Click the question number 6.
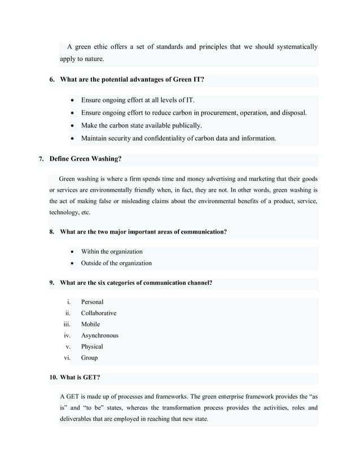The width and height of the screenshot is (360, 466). pyautogui.click(x=52, y=80)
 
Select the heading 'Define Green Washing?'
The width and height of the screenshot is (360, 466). pyautogui.click(x=85, y=159)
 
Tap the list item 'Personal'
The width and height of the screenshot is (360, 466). pyautogui.click(x=92, y=302)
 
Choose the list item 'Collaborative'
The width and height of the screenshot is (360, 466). pyautogui.click(x=99, y=313)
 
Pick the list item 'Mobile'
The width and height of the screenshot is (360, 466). pyautogui.click(x=90, y=324)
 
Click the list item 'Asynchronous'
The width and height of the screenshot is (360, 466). pyautogui.click(x=99, y=335)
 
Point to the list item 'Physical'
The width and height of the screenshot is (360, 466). pyautogui.click(x=92, y=346)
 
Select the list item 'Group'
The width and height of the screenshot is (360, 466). pyautogui.click(x=89, y=358)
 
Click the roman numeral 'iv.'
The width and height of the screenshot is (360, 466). pyautogui.click(x=68, y=335)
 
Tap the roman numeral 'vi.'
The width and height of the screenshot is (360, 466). pyautogui.click(x=68, y=358)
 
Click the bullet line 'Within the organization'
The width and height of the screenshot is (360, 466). pyautogui.click(x=112, y=252)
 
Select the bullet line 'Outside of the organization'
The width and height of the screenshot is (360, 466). pyautogui.click(x=116, y=263)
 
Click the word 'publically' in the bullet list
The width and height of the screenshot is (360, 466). pyautogui.click(x=183, y=125)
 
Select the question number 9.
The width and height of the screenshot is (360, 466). pyautogui.click(x=52, y=283)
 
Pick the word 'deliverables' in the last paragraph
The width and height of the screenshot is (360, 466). pyautogui.click(x=78, y=419)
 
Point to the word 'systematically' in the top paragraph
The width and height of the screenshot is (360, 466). pyautogui.click(x=295, y=46)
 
